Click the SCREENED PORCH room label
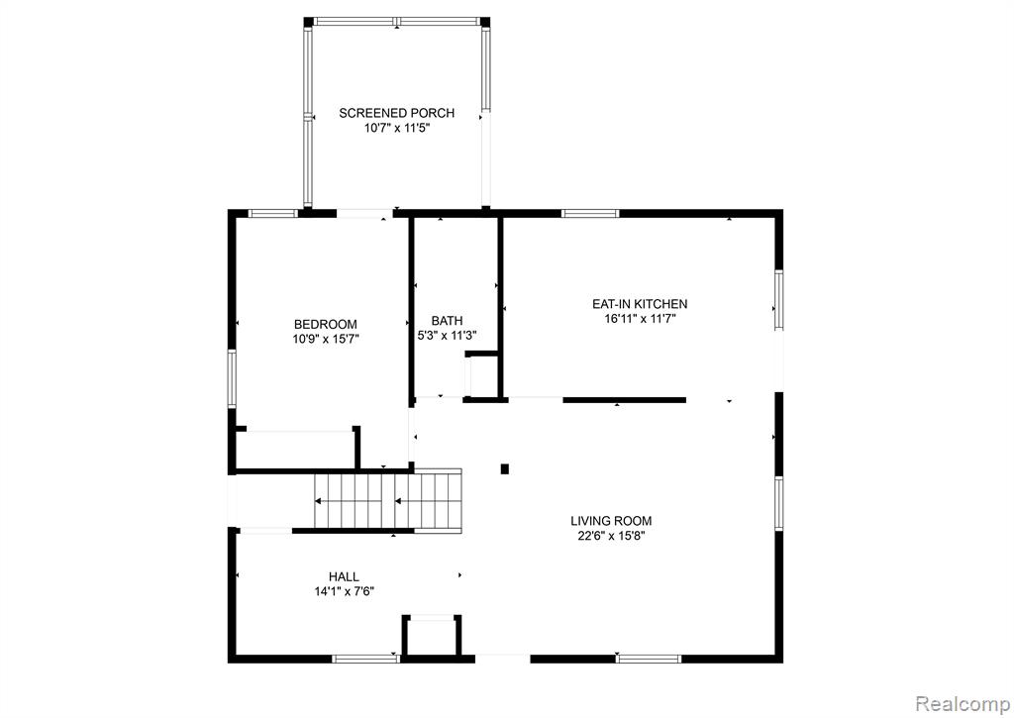[x=396, y=113]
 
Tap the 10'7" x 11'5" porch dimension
[x=396, y=128]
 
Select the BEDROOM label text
[x=325, y=324]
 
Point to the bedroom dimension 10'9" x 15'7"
[x=325, y=339]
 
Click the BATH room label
[x=447, y=321]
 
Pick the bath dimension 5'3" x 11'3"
[x=447, y=336]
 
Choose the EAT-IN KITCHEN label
[x=640, y=304]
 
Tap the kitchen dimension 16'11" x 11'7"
[x=640, y=319]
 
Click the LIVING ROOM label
[x=611, y=521]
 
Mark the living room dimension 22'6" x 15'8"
[x=611, y=536]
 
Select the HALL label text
[x=344, y=576]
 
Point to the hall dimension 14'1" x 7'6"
[x=344, y=591]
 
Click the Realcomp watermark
[x=963, y=702]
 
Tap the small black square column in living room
[x=505, y=469]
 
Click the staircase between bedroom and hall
[x=388, y=501]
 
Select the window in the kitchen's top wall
[x=590, y=214]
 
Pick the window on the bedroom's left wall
[x=232, y=378]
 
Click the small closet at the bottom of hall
[x=432, y=635]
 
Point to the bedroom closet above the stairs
[x=295, y=448]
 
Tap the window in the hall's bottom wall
[x=365, y=659]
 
